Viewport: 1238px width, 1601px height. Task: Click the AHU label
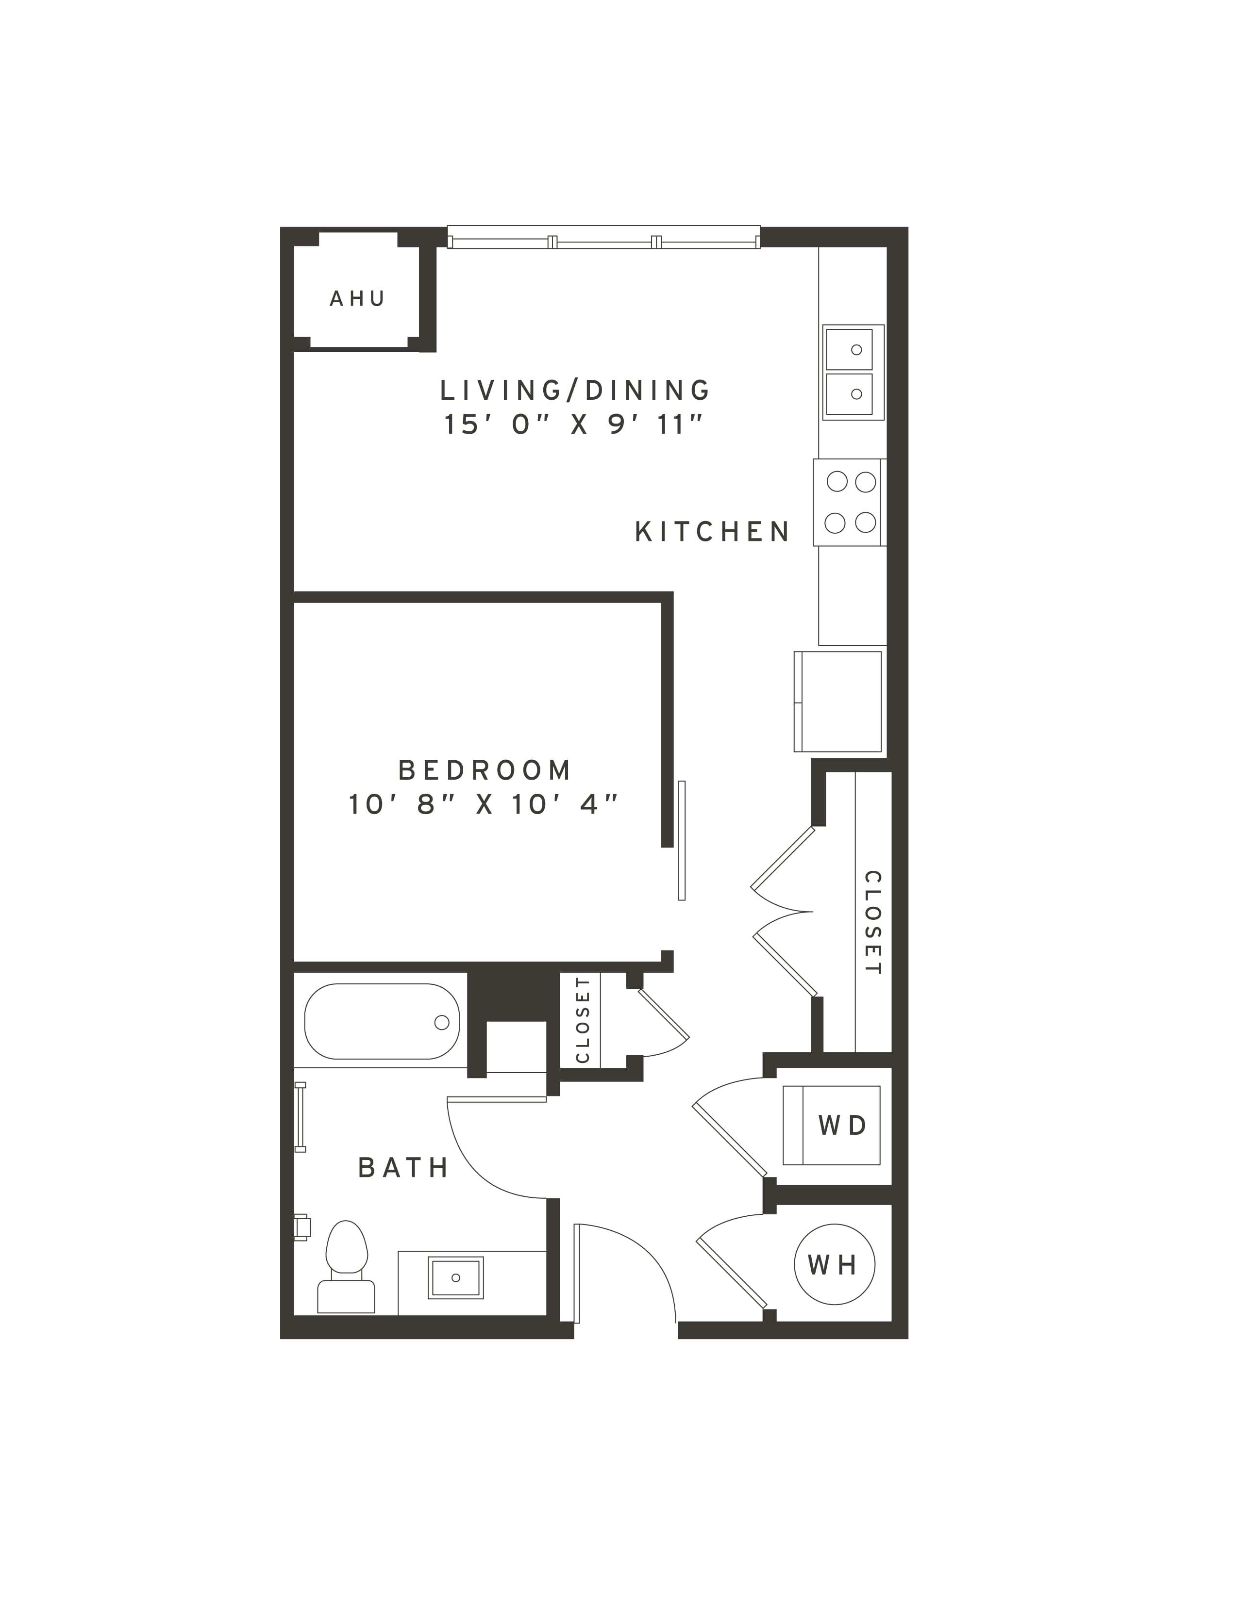click(x=357, y=298)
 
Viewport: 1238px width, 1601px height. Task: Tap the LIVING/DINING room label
click(x=575, y=390)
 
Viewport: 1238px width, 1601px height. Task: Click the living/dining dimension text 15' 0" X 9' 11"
click(x=574, y=425)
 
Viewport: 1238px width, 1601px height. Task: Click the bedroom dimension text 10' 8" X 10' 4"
click(x=484, y=805)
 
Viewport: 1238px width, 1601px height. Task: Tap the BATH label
click(x=403, y=1168)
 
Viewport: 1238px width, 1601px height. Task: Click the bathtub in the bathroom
click(x=382, y=1021)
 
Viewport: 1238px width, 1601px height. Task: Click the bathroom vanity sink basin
click(x=455, y=1278)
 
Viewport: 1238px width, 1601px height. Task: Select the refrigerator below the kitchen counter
click(x=837, y=701)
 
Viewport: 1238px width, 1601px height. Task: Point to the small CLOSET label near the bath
click(x=583, y=1020)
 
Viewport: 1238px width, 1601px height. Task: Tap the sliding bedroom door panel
click(x=681, y=840)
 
